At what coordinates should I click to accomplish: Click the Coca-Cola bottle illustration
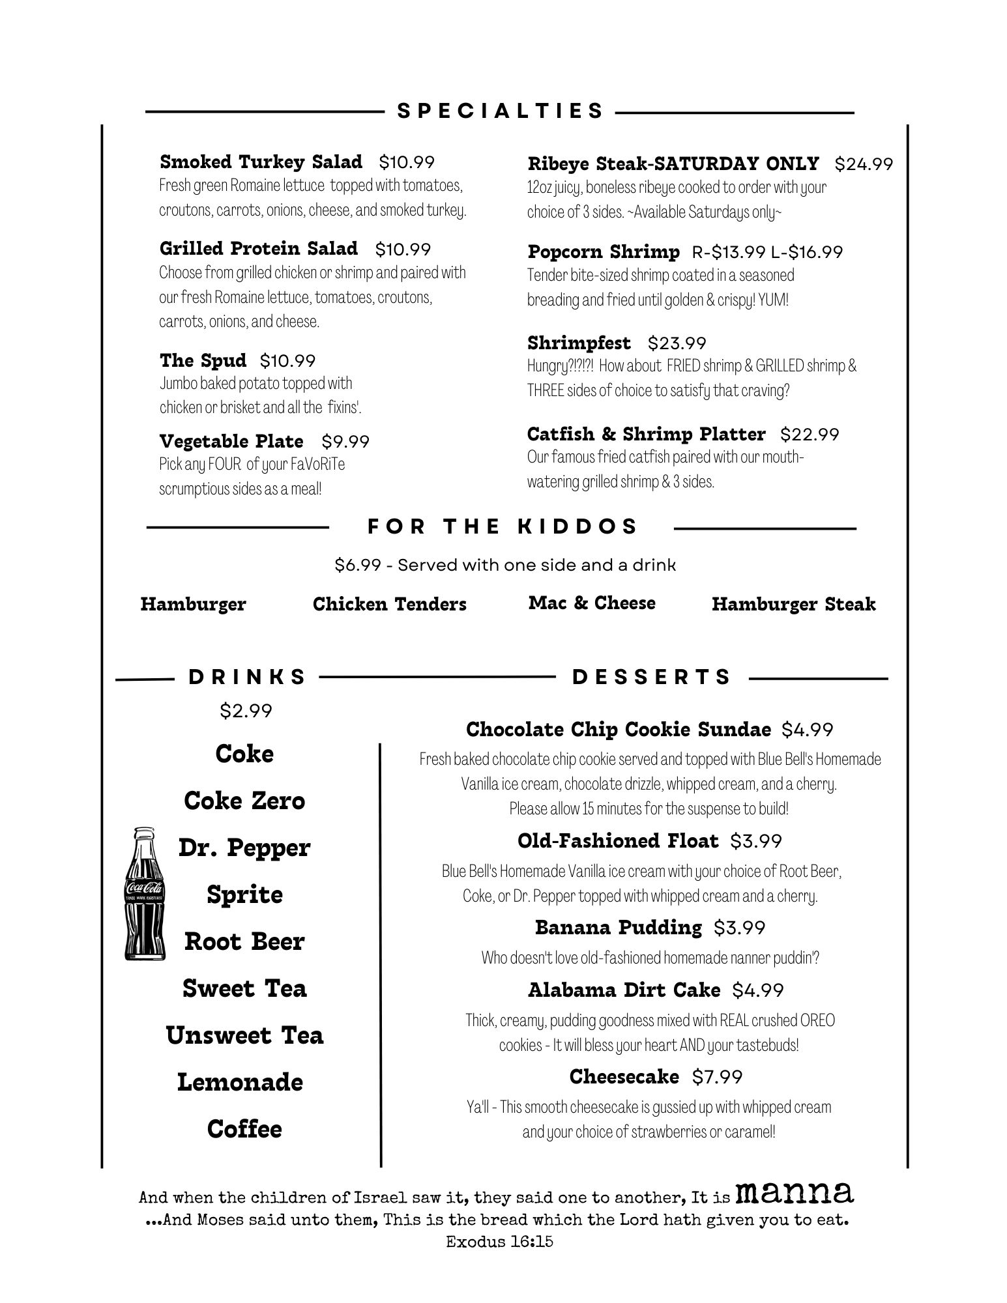(145, 893)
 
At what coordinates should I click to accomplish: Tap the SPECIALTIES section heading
(500, 111)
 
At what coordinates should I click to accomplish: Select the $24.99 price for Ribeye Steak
(863, 164)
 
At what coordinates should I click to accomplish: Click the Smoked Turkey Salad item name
(261, 162)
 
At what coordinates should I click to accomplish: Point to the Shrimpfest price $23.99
(677, 343)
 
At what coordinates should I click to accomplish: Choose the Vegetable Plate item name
(231, 442)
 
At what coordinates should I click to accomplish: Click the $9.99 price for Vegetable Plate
(345, 442)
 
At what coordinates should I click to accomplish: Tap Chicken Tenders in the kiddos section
(389, 604)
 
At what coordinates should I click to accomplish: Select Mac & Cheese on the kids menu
(592, 603)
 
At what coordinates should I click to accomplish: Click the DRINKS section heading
(247, 677)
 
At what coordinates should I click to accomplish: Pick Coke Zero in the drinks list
(244, 801)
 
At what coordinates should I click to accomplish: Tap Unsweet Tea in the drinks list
(244, 1035)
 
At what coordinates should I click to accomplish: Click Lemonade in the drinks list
(240, 1082)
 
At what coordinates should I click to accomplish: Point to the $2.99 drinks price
(246, 711)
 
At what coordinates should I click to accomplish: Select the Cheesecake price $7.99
(717, 1077)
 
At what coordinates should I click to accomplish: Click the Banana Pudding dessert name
(618, 927)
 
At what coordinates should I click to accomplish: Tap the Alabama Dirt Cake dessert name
(624, 990)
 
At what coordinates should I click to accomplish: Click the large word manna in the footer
(794, 1192)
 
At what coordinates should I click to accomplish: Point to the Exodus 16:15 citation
(499, 1242)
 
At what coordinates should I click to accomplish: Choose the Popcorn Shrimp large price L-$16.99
(807, 252)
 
